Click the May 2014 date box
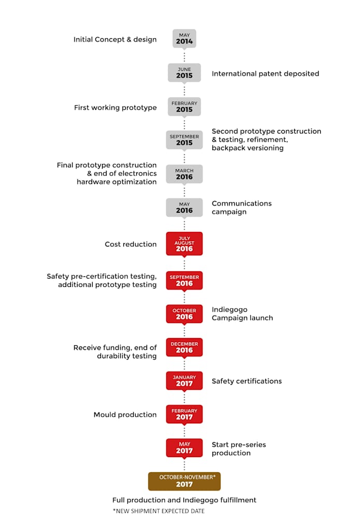(184, 39)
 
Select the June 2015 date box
(184, 72)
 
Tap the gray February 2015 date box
(184, 107)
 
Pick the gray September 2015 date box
(184, 140)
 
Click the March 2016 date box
(184, 174)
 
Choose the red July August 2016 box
(184, 244)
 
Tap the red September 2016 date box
(184, 280)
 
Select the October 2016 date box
(184, 314)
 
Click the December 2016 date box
(184, 347)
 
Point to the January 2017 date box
(184, 380)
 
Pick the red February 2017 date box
(184, 414)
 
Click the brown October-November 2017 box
(184, 481)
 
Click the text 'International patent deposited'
(265, 74)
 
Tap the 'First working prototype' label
(116, 108)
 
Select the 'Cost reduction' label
(131, 244)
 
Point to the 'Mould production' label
(125, 415)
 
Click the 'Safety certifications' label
(247, 381)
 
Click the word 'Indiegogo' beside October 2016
(229, 310)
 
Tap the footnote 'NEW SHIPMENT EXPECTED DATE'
(159, 511)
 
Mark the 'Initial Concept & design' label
(115, 40)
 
